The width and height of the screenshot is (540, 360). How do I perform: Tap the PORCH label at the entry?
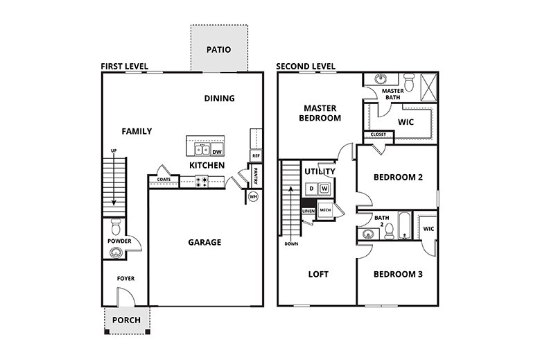(126, 320)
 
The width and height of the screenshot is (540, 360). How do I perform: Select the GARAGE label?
(204, 242)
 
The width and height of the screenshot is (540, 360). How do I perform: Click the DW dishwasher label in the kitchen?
(217, 152)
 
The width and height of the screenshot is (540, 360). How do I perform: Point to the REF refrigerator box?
(256, 156)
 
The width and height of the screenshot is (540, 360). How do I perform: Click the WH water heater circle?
(254, 196)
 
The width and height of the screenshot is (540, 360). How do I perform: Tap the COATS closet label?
(164, 180)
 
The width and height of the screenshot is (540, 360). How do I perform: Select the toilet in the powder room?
(116, 226)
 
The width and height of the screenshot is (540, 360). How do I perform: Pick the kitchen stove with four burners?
(202, 181)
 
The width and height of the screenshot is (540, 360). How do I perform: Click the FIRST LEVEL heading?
(125, 66)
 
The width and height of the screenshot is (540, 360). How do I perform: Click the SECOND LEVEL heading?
(305, 67)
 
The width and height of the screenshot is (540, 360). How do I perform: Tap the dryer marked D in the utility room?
(311, 189)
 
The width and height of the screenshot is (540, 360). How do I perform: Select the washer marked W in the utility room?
(324, 189)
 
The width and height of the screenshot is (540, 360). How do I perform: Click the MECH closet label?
(324, 209)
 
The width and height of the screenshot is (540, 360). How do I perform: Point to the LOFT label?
(318, 274)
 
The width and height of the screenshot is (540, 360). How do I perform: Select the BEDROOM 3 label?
(398, 274)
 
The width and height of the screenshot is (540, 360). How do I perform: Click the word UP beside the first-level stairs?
(113, 152)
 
